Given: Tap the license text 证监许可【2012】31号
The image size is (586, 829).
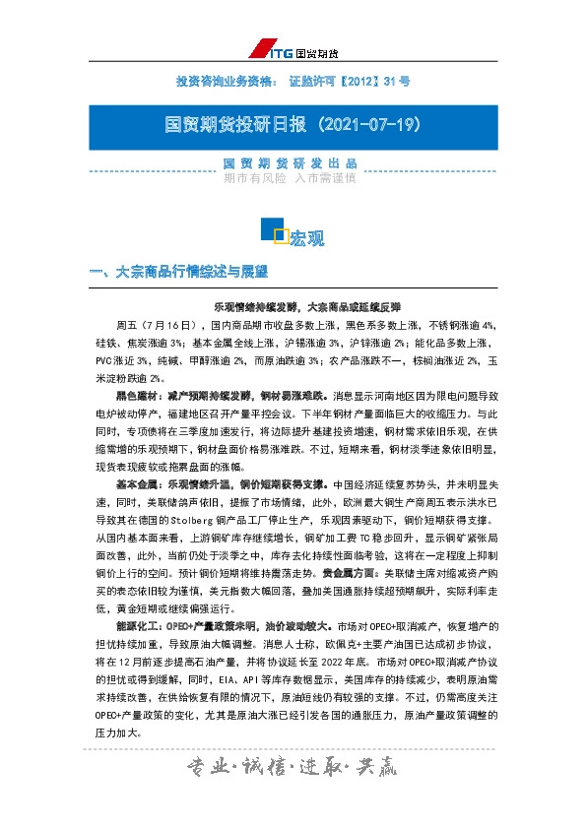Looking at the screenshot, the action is coord(350,79).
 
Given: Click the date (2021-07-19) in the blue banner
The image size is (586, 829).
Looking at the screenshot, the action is coord(370,126).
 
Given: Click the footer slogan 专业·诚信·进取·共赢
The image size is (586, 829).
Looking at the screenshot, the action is coord(292,794).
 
